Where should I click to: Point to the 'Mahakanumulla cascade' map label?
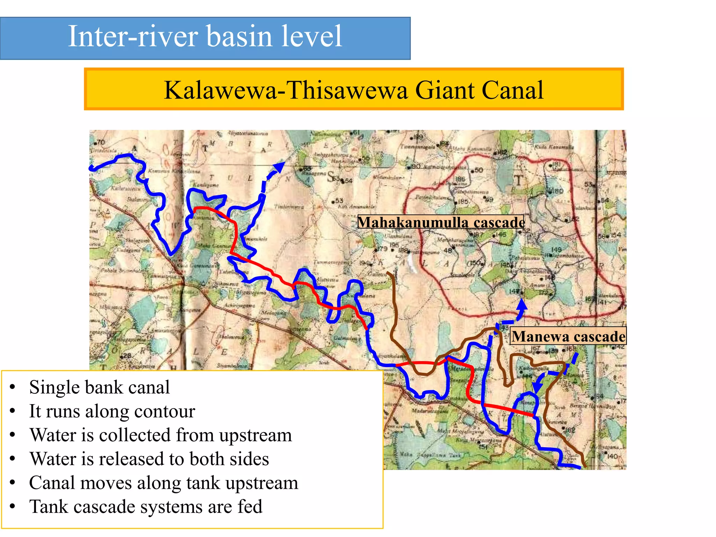point(441,222)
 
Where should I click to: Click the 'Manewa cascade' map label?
point(568,336)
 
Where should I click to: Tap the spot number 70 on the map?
point(101,142)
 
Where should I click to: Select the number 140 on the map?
point(613,456)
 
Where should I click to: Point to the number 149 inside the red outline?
point(556,250)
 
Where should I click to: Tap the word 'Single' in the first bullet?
point(53,387)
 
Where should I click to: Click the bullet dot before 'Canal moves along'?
point(13,483)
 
